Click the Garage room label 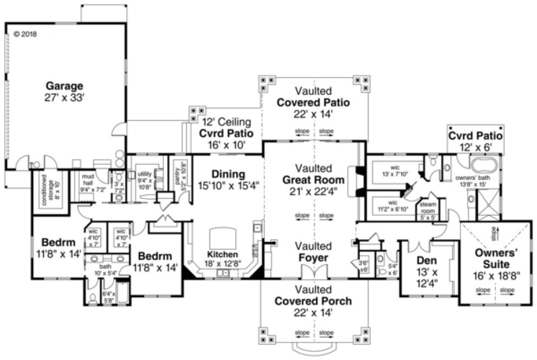[x=64, y=86]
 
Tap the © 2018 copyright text [x=24, y=34]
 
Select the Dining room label [x=228, y=175]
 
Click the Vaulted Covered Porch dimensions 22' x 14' [x=313, y=312]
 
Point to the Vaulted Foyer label [x=313, y=252]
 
